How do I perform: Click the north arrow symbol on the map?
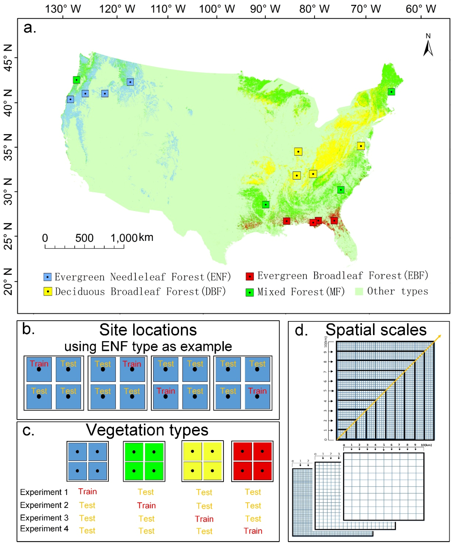[428, 48]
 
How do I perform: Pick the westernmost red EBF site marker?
[286, 221]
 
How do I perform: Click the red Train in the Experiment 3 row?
[204, 519]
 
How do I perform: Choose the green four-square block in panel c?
[144, 461]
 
